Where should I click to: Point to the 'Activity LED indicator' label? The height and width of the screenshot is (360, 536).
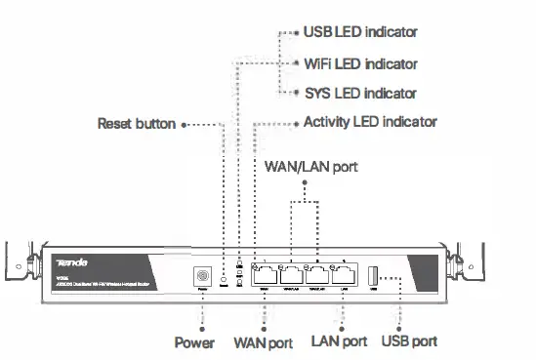coord(370,123)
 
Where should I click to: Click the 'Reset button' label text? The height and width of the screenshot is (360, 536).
coord(137,124)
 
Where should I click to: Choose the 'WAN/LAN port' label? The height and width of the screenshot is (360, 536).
coord(310,166)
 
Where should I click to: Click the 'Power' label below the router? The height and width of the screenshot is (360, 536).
coord(194,342)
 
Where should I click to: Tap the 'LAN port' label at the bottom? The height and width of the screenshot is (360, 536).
coord(339,342)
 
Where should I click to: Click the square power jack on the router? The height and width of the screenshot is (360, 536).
coord(204,277)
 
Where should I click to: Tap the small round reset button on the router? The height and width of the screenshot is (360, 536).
coord(226,279)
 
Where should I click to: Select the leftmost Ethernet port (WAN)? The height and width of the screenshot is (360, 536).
coord(265,276)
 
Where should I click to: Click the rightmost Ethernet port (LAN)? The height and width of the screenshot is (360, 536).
coord(342,276)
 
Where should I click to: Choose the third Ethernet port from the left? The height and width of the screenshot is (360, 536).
coord(316,276)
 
